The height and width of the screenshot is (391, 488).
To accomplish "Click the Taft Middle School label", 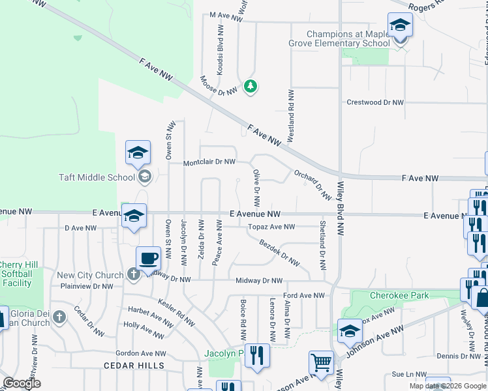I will coord(97,177).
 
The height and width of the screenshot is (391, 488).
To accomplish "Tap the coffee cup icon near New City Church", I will coord(148,258).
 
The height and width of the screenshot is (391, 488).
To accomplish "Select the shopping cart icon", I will coord(320,362).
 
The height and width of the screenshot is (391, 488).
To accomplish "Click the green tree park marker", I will coord(250,86).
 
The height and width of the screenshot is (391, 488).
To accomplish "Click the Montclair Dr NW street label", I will coord(209,162).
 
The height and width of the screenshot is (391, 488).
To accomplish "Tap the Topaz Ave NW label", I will coord(271,227).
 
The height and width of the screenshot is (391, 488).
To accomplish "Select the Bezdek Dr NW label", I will coord(279,253).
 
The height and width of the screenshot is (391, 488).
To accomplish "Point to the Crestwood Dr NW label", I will coord(375,102).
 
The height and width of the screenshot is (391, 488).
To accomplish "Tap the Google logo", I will coord(22,383).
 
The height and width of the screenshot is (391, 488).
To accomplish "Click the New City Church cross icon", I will coord(133,275).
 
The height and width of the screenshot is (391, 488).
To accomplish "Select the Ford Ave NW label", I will coord(303,295).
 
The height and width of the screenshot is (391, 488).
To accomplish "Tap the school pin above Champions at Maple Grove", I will coord(399,27).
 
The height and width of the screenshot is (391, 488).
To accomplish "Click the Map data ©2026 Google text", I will coord(447,386).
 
